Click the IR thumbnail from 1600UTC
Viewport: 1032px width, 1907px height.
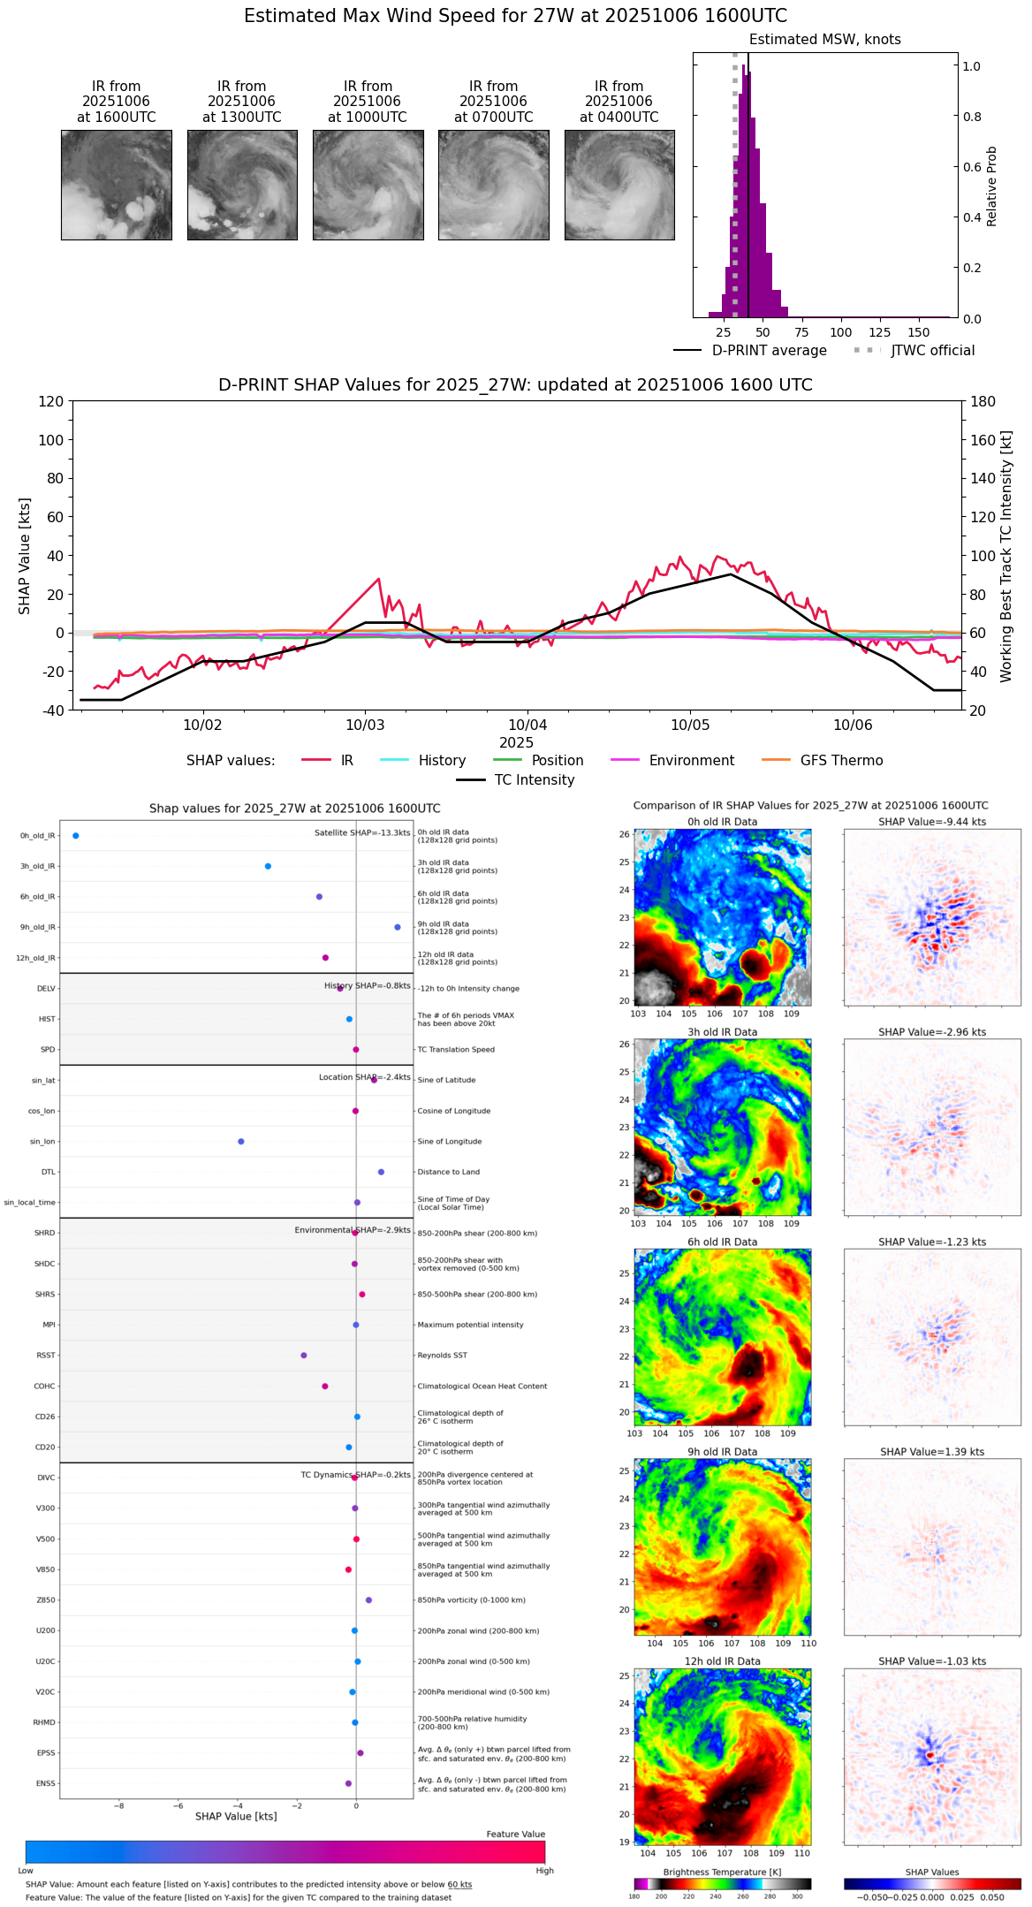coord(116,185)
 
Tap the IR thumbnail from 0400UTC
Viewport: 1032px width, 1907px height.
coord(619,185)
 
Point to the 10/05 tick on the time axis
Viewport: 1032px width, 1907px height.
coord(690,725)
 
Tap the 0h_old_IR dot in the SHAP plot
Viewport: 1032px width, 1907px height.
coord(76,836)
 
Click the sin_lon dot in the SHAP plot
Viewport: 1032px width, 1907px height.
coord(241,1142)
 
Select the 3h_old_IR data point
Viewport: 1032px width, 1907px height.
coord(268,866)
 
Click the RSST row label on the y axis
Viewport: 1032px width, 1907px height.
coord(46,1356)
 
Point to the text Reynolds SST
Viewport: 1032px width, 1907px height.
coord(442,1356)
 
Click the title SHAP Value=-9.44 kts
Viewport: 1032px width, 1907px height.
coord(932,822)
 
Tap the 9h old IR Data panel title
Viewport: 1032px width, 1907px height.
coord(722,1452)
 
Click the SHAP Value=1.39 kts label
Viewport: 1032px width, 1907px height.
coord(932,1452)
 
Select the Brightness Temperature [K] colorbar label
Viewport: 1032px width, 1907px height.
coord(722,1872)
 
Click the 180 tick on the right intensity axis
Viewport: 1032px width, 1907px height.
coord(983,402)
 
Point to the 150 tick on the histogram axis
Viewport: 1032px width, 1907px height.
coord(919,332)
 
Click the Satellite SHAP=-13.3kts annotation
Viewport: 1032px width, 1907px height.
coord(362,833)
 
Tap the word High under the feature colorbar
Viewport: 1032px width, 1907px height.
coord(544,1871)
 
